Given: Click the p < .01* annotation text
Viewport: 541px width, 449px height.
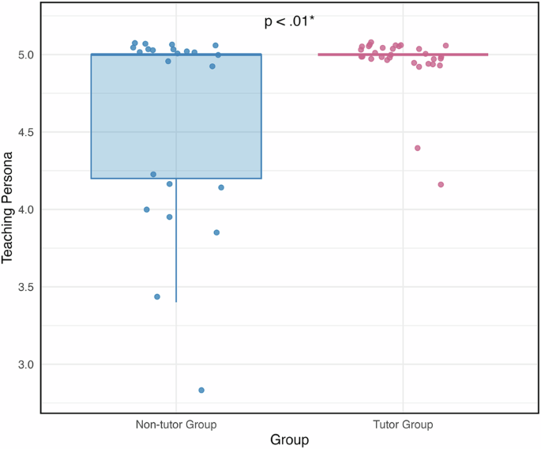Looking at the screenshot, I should (289, 22).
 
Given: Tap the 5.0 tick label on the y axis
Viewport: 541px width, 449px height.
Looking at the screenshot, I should (25, 55).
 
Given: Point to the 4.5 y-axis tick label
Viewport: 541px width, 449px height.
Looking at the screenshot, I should (25, 132).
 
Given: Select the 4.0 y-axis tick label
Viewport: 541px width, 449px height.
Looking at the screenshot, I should (25, 209).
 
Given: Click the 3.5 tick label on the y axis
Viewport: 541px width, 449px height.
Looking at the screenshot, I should (25, 287).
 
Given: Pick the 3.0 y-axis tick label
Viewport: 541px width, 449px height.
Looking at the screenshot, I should (25, 364).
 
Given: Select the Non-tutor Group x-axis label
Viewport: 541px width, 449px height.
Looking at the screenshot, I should (175, 424).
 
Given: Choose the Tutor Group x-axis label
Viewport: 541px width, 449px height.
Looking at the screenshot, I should (403, 424).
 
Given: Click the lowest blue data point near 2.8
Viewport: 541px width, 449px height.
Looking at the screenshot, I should (201, 391).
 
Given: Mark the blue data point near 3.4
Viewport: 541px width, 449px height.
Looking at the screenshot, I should (157, 297).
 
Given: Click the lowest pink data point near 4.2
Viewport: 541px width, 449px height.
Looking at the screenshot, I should (441, 185).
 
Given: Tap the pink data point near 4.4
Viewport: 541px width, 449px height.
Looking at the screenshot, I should (418, 148).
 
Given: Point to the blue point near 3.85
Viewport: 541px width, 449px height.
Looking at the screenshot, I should (216, 232).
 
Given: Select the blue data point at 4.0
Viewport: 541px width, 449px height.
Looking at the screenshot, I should (147, 209).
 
